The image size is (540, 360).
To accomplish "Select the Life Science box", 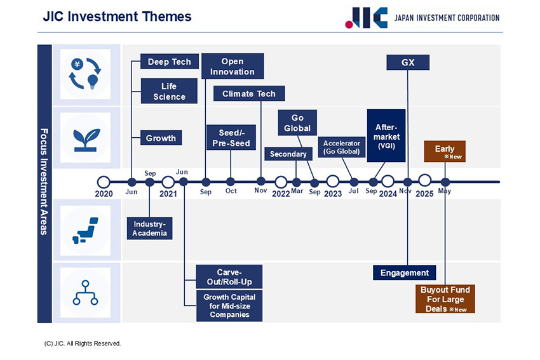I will (169, 91).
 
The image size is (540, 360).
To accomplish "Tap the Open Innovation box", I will (233, 67).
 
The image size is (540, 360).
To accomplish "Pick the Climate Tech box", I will (249, 94).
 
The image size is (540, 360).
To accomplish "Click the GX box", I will (408, 62).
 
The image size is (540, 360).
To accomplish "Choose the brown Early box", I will (445, 151).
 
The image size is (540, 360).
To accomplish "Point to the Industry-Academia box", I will (149, 229).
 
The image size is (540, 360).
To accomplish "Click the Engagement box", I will (405, 273).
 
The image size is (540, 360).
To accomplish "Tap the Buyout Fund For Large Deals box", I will (445, 299).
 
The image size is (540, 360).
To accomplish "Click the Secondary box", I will (288, 154).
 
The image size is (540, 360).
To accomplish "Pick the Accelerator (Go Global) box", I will (341, 147).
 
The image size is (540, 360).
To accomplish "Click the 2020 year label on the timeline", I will (104, 194).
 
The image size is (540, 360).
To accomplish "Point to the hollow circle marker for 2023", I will (333, 182).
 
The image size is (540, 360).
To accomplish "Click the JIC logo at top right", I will (366, 18).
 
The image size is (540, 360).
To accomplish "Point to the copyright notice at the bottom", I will (83, 343).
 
